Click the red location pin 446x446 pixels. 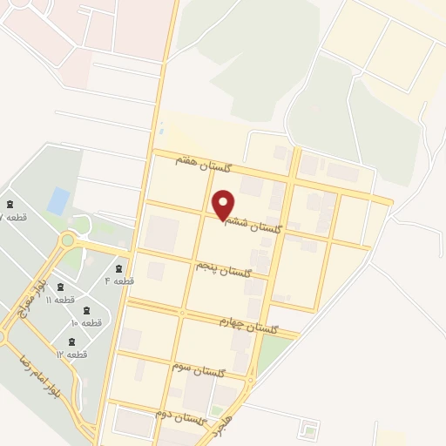point(224,205)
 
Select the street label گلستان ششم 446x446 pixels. point(253,224)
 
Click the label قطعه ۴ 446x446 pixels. point(119,281)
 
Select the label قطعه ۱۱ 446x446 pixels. point(60,300)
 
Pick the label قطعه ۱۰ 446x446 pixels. point(86,322)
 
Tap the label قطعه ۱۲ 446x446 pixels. point(71,355)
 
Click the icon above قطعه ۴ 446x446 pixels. point(118,268)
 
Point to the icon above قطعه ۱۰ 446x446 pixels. point(85,310)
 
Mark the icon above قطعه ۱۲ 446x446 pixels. point(71,342)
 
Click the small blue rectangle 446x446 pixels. point(58,201)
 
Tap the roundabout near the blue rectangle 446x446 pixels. point(67,240)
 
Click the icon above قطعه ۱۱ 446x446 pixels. point(59,287)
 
